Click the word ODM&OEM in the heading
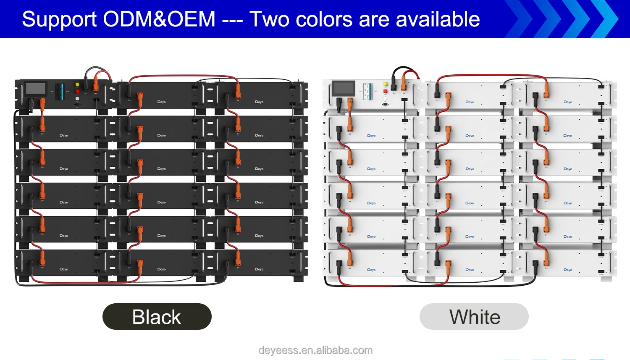coord(159,19)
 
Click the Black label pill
coord(157,317)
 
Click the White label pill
coord(474,317)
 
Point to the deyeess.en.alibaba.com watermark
coord(315,350)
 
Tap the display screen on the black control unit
coord(36,89)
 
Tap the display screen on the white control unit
coord(344,89)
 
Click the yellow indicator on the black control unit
coord(77,85)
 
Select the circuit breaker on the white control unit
coord(368,91)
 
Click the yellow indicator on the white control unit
coord(385,84)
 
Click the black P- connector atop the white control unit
coord(394,84)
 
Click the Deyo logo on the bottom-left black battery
coord(64,269)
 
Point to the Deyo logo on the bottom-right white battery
coord(568,270)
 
